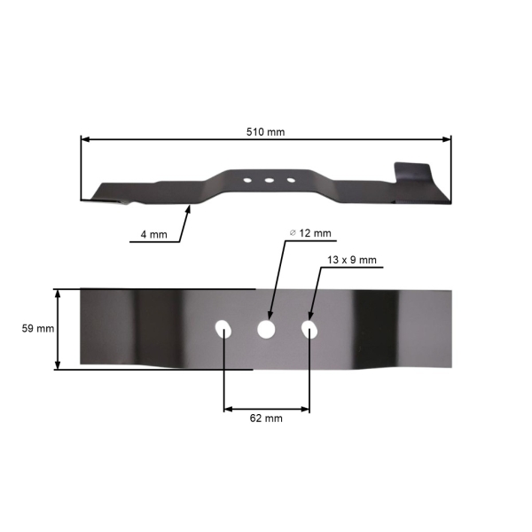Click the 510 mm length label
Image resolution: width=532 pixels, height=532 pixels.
click(265, 131)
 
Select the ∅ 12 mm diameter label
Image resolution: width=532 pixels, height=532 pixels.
click(310, 233)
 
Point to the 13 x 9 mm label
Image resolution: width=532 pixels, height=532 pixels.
click(352, 260)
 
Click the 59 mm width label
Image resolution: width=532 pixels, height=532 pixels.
click(38, 328)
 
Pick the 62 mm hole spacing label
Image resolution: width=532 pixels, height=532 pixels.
click(266, 418)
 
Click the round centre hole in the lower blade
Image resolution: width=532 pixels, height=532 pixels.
click(266, 330)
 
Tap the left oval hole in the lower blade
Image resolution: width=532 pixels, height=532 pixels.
click(223, 330)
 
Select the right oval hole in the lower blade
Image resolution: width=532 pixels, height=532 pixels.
click(309, 330)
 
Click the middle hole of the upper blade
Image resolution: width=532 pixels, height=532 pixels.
click(268, 180)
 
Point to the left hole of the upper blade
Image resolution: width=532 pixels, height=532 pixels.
click(246, 180)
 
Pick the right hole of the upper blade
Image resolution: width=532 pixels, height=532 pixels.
click(290, 180)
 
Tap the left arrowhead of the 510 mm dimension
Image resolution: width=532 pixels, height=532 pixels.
click(84, 139)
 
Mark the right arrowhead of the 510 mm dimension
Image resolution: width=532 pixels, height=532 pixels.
click(448, 139)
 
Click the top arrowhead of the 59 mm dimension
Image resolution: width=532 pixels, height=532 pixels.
click(59, 293)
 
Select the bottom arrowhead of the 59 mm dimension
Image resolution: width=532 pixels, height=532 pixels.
click(59, 365)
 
